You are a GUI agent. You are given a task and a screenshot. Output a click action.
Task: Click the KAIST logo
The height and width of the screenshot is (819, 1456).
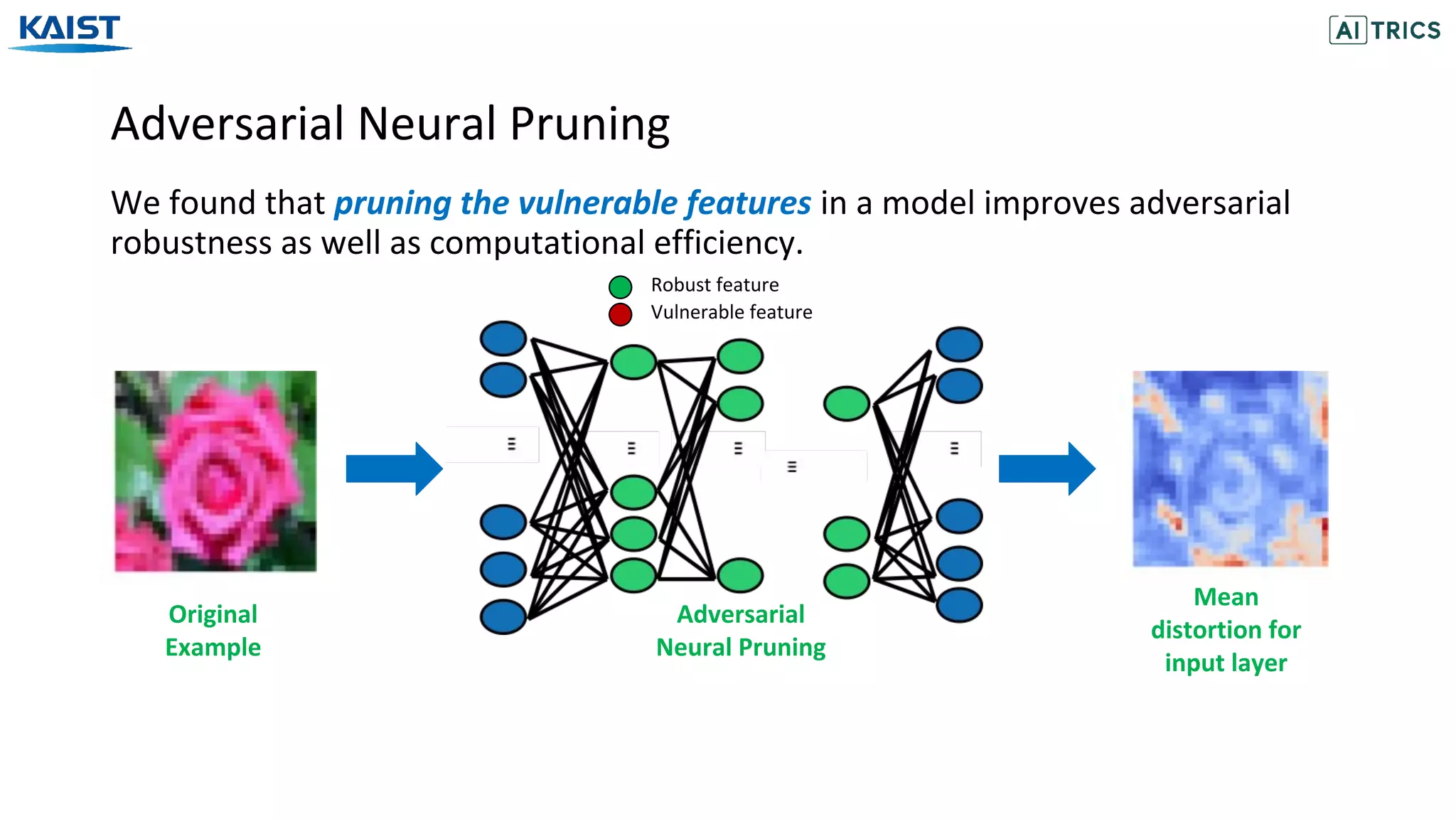click(70, 32)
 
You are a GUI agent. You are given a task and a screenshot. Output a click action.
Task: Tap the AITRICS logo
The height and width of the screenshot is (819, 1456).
click(1384, 30)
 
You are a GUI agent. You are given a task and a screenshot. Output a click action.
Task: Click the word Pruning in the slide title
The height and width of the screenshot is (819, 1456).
click(589, 124)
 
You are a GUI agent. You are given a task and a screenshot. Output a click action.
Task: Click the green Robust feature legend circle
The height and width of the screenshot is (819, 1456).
click(620, 287)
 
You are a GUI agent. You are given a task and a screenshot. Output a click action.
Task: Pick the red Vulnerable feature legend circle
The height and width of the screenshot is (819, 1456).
click(620, 314)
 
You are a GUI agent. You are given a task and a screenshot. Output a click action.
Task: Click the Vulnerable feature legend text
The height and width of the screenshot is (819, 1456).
click(731, 312)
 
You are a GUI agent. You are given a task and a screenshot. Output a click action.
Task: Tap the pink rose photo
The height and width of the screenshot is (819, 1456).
click(215, 471)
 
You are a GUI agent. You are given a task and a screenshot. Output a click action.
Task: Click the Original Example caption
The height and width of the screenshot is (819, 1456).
click(213, 631)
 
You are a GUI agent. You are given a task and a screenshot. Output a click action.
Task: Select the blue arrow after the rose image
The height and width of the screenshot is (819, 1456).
click(394, 469)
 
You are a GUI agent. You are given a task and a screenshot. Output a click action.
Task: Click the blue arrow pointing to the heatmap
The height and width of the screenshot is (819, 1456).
click(1046, 469)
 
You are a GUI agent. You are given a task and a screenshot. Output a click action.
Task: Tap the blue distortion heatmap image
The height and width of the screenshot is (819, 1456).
click(1229, 469)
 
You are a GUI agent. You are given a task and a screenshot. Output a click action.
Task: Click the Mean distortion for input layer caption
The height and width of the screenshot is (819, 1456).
click(1226, 630)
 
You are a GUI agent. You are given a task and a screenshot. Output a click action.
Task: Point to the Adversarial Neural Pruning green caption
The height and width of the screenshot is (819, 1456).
click(740, 631)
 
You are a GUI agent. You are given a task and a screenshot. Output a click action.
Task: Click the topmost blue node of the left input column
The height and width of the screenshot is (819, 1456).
click(503, 338)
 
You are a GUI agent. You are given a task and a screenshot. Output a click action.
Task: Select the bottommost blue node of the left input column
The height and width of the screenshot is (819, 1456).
click(503, 616)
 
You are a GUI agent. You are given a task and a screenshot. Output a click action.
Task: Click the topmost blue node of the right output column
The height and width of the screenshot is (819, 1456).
click(958, 344)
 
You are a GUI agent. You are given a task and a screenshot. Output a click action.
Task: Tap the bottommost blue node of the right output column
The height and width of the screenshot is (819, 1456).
click(958, 605)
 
